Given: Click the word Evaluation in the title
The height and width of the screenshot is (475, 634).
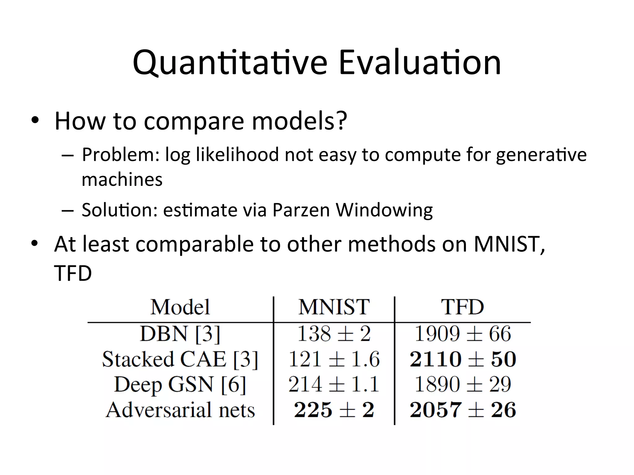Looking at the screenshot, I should click(x=419, y=63).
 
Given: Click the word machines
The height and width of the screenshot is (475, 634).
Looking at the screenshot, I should click(x=122, y=180).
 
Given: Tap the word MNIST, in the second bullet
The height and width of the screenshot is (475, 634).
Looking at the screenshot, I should click(x=509, y=244).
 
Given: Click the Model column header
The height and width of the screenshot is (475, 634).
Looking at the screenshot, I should click(x=180, y=307).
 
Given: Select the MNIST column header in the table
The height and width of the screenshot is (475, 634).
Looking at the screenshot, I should click(x=334, y=307).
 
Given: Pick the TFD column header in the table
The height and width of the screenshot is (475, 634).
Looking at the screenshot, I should click(x=462, y=307).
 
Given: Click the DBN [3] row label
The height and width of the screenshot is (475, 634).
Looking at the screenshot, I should click(x=180, y=334).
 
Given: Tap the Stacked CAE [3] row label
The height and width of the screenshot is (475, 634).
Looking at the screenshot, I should click(x=180, y=360).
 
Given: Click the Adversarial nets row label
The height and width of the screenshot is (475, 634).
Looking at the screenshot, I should click(x=180, y=410).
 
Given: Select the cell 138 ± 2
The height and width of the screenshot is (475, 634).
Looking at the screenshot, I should click(x=334, y=334).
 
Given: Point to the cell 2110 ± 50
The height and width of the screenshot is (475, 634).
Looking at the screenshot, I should click(x=462, y=360).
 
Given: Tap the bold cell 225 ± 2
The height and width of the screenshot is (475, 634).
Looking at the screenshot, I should click(x=334, y=410).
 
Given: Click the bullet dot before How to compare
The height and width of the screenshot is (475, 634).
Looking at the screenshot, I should click(x=35, y=120).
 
